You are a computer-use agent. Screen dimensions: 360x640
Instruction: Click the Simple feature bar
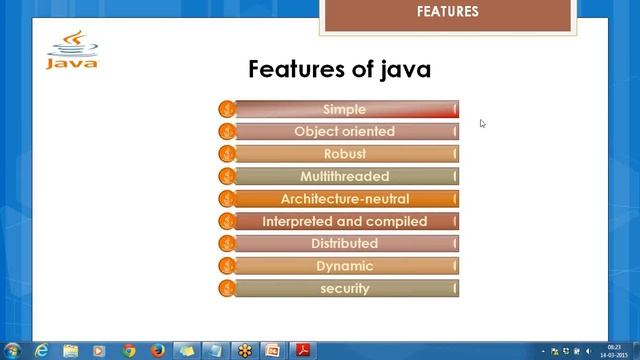345,109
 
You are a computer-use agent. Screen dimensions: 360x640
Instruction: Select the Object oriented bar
345,131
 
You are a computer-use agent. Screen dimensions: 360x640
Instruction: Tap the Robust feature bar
345,154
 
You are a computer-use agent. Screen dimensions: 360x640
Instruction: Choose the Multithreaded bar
345,176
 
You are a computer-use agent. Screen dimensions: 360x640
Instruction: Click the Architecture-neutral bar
345,199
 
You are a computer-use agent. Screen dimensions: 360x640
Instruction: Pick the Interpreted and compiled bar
345,221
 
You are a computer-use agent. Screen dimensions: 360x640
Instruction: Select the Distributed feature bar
345,243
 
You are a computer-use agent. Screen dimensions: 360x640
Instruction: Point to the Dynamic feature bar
345,266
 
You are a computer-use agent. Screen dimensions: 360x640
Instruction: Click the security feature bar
345,288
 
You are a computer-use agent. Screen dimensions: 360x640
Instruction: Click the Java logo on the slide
72,51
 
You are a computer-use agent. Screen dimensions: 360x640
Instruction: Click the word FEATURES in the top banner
447,12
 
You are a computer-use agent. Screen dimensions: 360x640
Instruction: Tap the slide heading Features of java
339,69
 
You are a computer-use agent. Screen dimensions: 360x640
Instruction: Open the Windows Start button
13,350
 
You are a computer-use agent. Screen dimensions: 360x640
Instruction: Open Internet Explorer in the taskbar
42,350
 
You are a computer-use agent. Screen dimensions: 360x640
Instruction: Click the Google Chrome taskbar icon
129,350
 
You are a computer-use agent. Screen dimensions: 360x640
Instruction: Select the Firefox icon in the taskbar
158,350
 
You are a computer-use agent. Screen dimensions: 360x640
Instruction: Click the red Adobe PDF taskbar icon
302,350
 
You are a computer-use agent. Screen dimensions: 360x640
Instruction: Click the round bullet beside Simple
227,109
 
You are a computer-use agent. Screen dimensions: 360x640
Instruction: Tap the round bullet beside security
227,288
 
